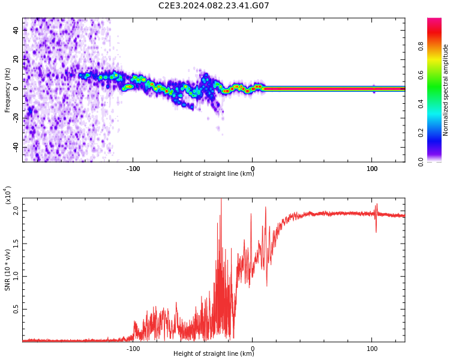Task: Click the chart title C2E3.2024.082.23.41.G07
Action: coord(214,5)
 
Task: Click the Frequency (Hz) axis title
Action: coord(7,90)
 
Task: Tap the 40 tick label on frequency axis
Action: coord(16,30)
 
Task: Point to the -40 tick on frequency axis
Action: coord(16,147)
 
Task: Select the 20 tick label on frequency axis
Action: coord(16,59)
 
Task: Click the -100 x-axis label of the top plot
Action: coord(133,169)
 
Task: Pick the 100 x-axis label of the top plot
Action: coord(372,169)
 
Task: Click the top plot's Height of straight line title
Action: coord(214,173)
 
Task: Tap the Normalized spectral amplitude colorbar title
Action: coord(445,90)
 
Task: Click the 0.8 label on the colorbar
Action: coord(421,46)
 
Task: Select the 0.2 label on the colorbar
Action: coord(421,133)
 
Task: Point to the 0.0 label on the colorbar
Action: coord(421,162)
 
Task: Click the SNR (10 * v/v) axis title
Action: coord(7,270)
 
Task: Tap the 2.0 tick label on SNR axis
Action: coord(16,211)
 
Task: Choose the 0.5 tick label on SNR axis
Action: coord(16,309)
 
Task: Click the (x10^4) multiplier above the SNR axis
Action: coord(8,195)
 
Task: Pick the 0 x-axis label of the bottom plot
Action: coord(253,349)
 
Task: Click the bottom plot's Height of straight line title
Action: coord(214,353)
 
